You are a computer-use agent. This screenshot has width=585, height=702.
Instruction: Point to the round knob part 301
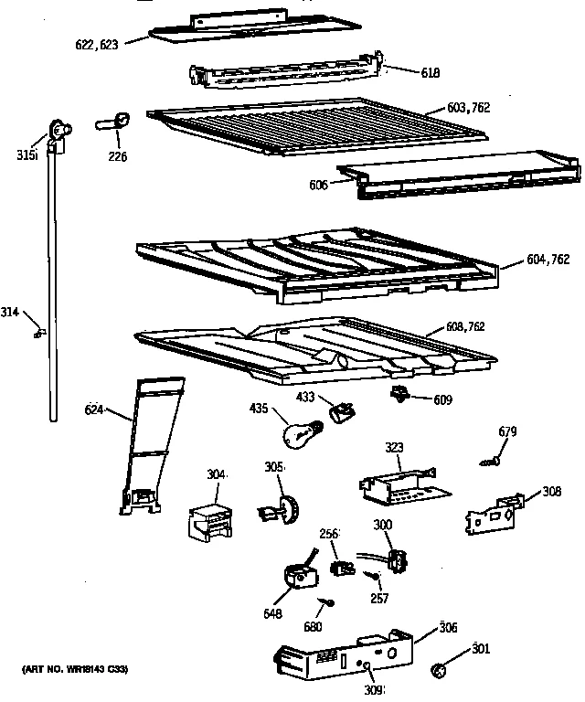point(439,673)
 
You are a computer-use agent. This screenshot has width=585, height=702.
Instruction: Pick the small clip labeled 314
point(37,333)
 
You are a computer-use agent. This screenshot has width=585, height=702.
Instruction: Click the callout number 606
point(317,184)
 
